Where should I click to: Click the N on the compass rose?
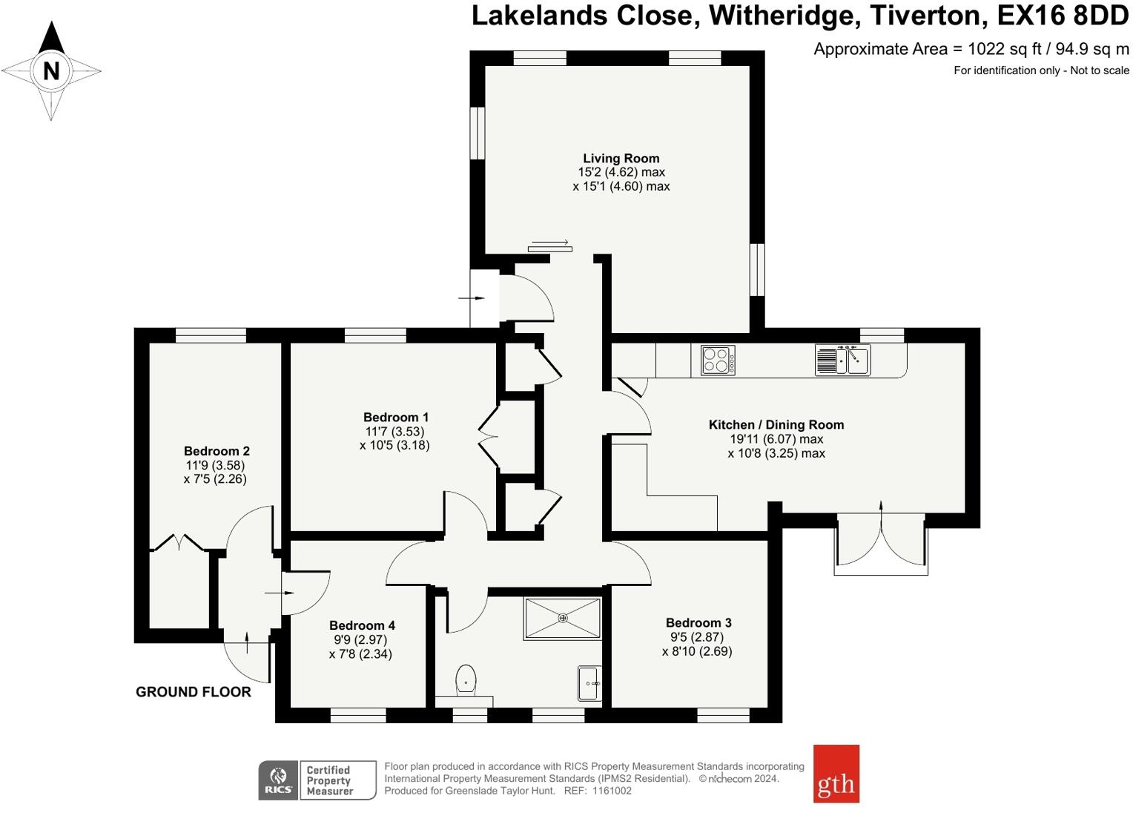[x=51, y=70]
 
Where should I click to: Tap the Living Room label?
[x=621, y=158]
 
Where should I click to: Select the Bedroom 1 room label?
[x=395, y=418]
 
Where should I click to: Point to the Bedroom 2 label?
[x=217, y=451]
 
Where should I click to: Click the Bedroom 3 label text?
[x=698, y=622]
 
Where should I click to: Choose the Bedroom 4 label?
[x=362, y=625]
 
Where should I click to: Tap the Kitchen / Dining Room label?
[x=776, y=424]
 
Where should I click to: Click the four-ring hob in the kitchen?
[x=718, y=361]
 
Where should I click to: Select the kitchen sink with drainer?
[x=842, y=360]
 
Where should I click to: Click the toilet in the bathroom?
[x=466, y=679]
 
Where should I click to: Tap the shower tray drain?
[x=563, y=618]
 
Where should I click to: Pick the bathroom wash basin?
[x=589, y=683]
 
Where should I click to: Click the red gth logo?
[x=836, y=774]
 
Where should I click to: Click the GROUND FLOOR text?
[x=194, y=692]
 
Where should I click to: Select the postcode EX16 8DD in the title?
[x=1063, y=16]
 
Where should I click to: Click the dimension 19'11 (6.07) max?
[x=776, y=438]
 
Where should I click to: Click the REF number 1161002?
[x=612, y=791]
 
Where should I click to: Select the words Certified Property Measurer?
[x=329, y=780]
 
